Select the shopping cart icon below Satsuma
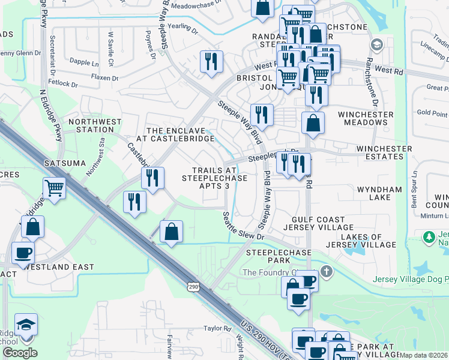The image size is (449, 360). coord(54,188)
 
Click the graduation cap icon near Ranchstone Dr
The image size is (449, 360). coord(376,45)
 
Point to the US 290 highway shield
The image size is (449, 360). coord(193,287)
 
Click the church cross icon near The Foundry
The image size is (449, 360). coord(325,271)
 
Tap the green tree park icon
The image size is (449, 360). coord(429,238)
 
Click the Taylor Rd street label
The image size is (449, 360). coord(217,328)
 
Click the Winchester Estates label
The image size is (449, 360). coord(384,152)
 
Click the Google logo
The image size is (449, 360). coord(19,353)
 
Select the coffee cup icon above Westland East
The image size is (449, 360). coord(23,253)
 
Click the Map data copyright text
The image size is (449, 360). coord(423,355)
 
